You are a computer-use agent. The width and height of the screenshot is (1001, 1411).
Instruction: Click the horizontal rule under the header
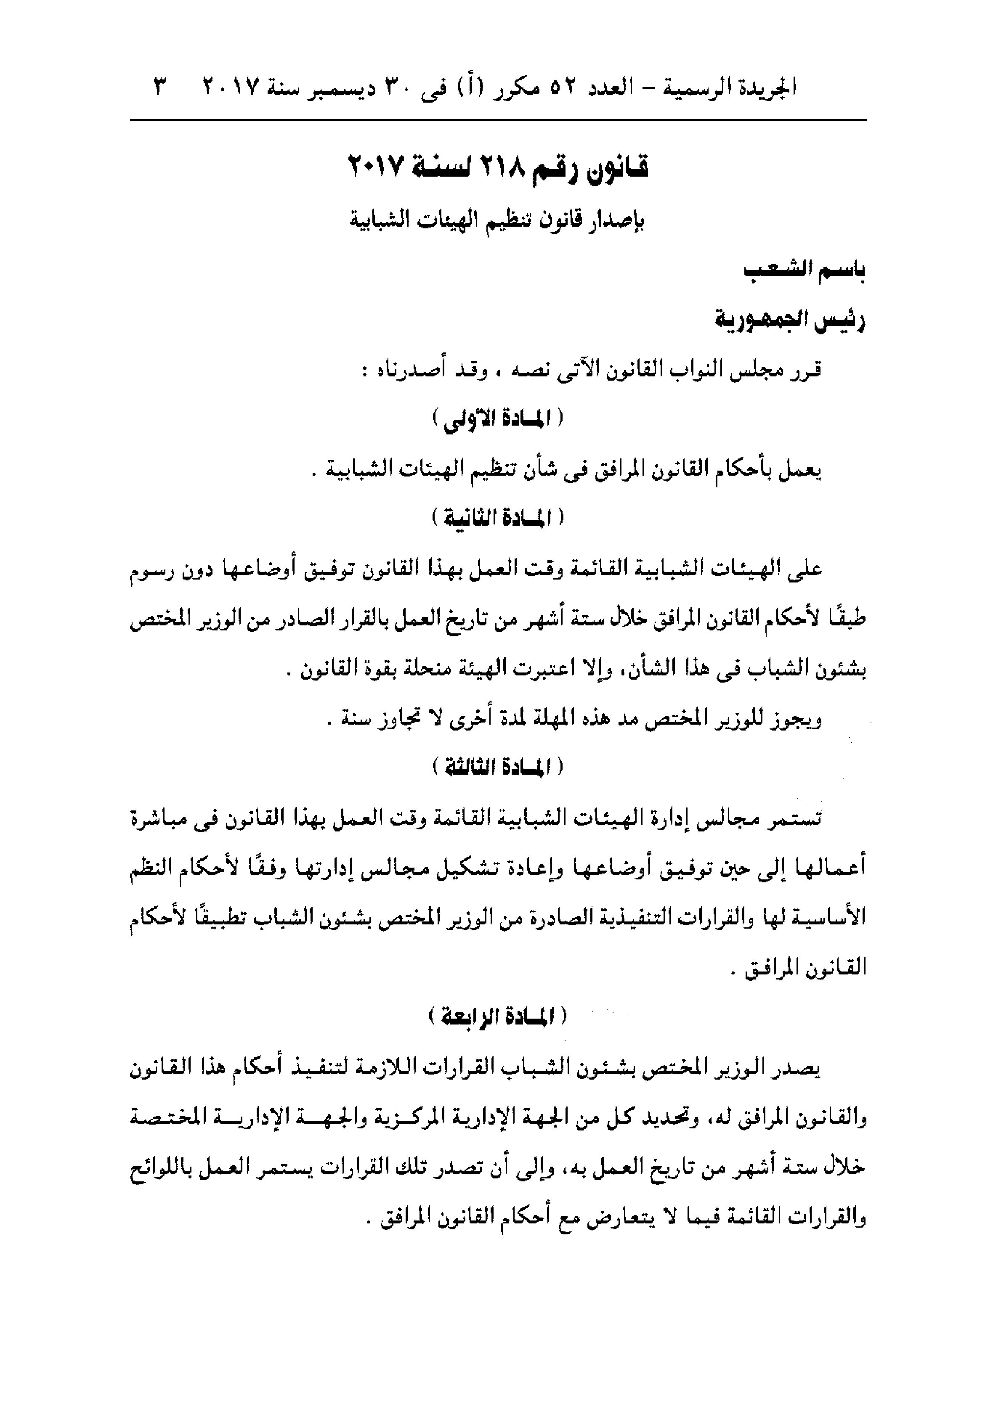click(x=498, y=120)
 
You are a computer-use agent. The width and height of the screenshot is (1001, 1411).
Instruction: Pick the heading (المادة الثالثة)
click(x=498, y=768)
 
